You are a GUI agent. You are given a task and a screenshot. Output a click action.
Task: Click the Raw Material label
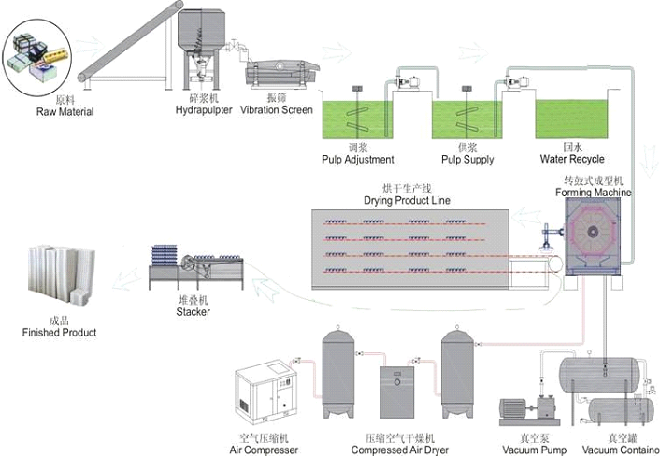[65, 112]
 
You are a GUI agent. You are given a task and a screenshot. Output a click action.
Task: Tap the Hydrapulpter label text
[204, 110]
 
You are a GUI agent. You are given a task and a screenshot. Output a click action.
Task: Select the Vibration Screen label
[277, 110]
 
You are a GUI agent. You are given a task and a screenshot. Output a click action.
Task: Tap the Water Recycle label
[572, 159]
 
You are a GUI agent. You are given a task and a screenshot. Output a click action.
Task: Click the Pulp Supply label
[467, 159]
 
